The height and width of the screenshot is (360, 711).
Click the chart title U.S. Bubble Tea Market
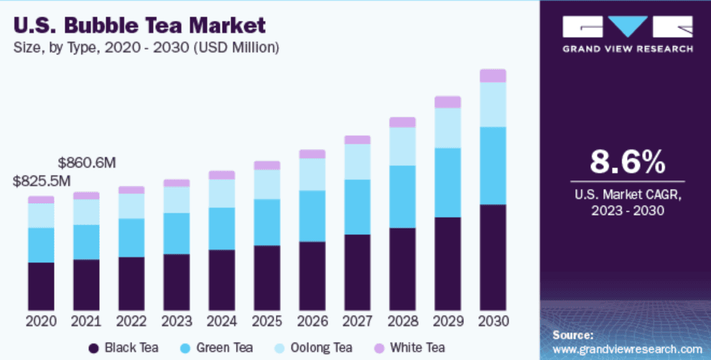[139, 26]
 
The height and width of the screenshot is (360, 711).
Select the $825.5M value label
[42, 181]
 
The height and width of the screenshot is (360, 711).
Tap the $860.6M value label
[87, 162]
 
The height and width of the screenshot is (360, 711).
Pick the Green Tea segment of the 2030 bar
[493, 165]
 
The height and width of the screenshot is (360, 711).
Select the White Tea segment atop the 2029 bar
[447, 102]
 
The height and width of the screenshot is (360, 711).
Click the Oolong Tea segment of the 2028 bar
[402, 147]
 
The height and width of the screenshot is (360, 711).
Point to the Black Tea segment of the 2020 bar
[41, 286]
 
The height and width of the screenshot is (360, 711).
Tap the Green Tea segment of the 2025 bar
[267, 222]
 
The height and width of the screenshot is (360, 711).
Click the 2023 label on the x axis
[177, 321]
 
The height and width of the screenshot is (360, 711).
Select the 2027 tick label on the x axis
[357, 321]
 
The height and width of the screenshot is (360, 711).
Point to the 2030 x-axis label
[493, 321]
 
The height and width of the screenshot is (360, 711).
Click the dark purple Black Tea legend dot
[93, 349]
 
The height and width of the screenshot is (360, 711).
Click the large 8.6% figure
[627, 162]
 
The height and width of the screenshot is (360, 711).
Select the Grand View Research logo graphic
[627, 27]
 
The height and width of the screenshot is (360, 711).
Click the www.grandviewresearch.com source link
[627, 349]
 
